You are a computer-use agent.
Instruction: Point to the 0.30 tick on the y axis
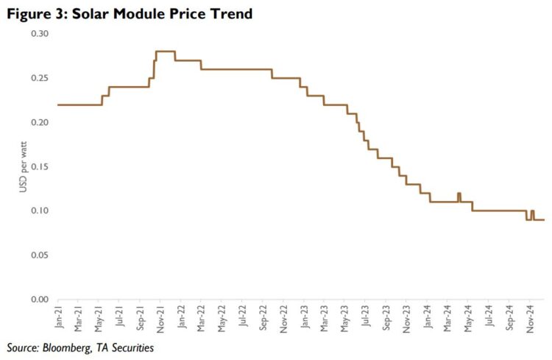click(38, 34)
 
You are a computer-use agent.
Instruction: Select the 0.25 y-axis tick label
click(38, 78)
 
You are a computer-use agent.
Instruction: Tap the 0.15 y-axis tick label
click(38, 166)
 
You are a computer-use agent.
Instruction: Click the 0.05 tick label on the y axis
click(38, 255)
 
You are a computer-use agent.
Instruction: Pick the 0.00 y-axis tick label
click(38, 299)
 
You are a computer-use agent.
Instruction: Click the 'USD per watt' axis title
click(23, 166)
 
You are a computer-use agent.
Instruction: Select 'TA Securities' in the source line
click(125, 347)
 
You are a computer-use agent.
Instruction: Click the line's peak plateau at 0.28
click(165, 52)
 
